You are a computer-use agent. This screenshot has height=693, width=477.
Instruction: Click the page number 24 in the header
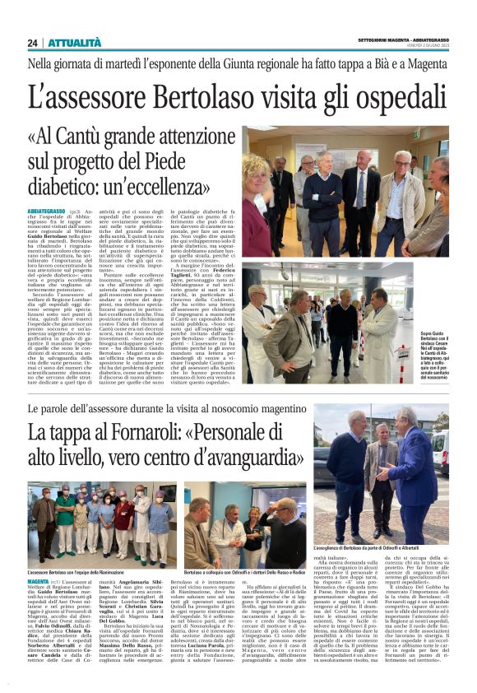point(32,42)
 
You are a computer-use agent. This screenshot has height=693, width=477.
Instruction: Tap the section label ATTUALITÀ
point(74,42)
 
